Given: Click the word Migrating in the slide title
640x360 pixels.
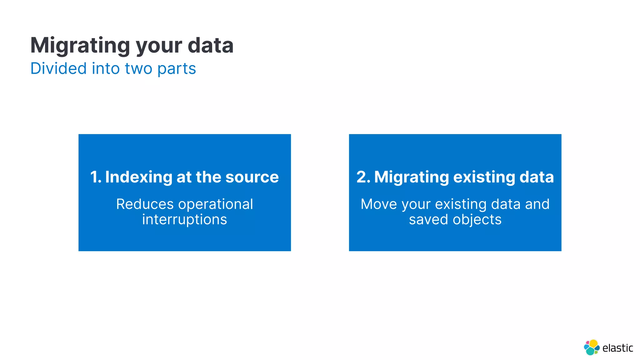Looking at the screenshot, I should (x=80, y=46).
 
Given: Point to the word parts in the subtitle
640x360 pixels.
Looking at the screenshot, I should (x=177, y=69).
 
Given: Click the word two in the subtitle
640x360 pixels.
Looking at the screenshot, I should (x=138, y=68).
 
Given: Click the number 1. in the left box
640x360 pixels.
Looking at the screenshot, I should (x=96, y=177).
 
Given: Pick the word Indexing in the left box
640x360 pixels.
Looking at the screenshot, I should (x=138, y=177).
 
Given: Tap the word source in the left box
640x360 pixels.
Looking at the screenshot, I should (x=252, y=177).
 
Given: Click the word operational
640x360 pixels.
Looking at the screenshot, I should (x=216, y=204).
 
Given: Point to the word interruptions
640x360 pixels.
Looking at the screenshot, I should (x=184, y=219).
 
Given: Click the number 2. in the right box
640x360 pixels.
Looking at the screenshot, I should (x=363, y=177).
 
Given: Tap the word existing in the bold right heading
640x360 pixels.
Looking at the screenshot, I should (x=484, y=177).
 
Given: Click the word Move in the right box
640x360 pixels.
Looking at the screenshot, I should (x=378, y=204).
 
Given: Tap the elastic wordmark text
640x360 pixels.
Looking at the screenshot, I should (x=617, y=348).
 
